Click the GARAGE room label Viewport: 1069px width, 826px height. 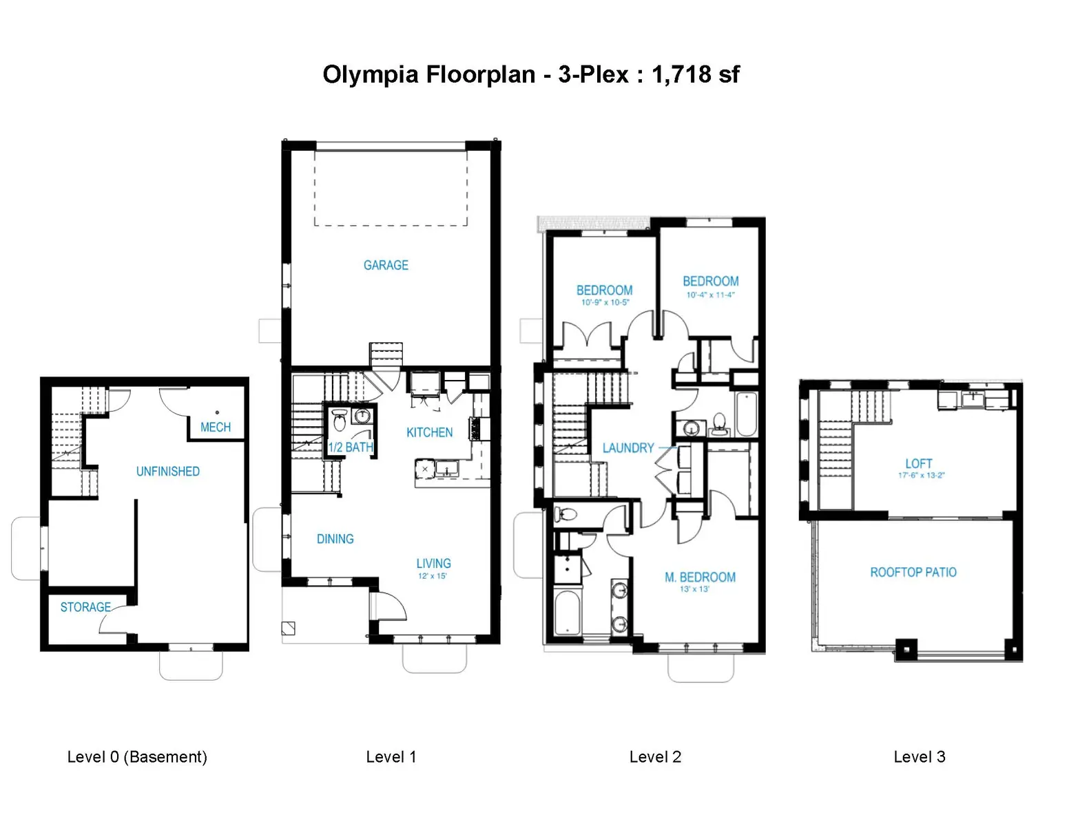[386, 265]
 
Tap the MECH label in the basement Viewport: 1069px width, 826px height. [216, 427]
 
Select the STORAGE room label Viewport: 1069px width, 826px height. [85, 607]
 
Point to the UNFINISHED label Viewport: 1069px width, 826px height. [168, 472]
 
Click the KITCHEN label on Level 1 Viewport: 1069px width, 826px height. [430, 432]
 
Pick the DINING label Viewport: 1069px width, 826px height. [335, 539]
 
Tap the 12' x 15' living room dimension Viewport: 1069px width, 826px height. [433, 576]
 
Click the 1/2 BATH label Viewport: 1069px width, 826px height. [351, 447]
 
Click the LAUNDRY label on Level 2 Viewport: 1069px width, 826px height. [628, 447]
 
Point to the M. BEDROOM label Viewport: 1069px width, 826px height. [700, 577]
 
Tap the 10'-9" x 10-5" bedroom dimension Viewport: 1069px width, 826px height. [605, 303]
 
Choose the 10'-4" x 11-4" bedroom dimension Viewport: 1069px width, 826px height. [710, 295]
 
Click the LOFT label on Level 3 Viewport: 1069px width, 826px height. [918, 463]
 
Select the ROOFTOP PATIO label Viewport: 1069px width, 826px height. [913, 572]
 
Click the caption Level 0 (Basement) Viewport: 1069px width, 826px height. [137, 756]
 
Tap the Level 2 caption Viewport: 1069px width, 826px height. [655, 756]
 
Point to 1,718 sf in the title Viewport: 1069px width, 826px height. [696, 75]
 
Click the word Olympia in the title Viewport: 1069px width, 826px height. [371, 75]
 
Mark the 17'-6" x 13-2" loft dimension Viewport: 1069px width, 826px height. [922, 475]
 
